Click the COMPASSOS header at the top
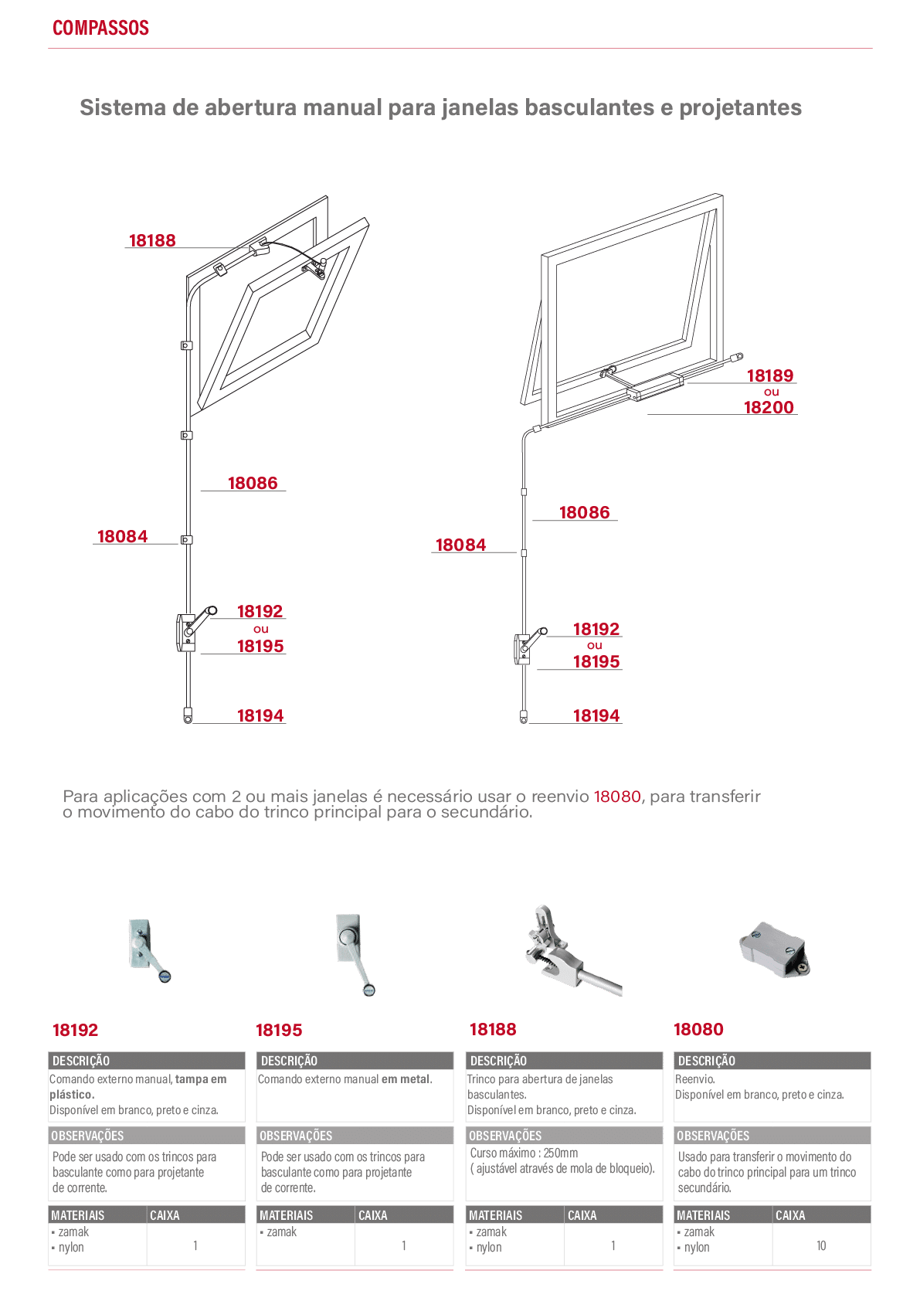(x=100, y=28)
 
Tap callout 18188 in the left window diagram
(x=152, y=240)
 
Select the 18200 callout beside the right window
(x=769, y=407)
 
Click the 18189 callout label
(x=770, y=375)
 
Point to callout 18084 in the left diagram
(x=123, y=536)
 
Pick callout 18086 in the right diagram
(x=584, y=512)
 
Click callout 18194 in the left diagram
(x=260, y=715)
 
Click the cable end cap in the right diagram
(x=523, y=717)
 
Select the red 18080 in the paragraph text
(x=617, y=797)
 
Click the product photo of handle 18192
(x=150, y=950)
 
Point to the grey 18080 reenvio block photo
(x=774, y=949)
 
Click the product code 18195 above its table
(x=279, y=1030)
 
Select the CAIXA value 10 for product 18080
(x=821, y=1245)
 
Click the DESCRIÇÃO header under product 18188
(x=498, y=1061)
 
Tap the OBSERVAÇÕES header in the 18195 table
(x=296, y=1136)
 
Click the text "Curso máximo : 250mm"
(x=524, y=1153)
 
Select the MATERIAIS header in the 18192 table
(x=78, y=1215)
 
